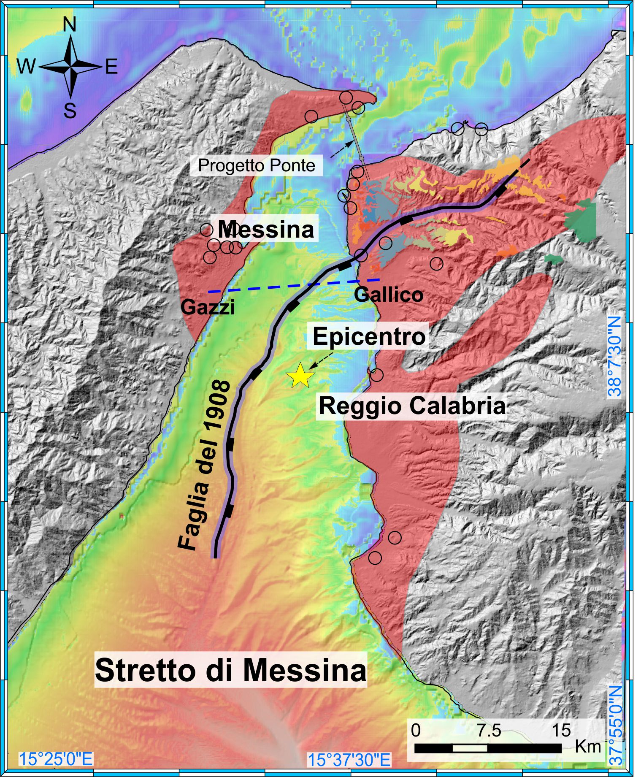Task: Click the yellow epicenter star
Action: coord(300,375)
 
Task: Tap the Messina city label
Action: coord(266,230)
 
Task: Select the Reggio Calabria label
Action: coord(412,406)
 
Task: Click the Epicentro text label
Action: coord(369,336)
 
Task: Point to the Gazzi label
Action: coord(208,307)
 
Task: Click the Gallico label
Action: coord(388,294)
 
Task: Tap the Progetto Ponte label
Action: coord(257,165)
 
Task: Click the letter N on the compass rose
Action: coord(70,25)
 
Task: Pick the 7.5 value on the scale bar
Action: coord(489,730)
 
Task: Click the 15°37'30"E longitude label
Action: coord(349,760)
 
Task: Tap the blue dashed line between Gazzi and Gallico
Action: coord(295,285)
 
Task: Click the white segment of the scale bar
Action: coord(470,748)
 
